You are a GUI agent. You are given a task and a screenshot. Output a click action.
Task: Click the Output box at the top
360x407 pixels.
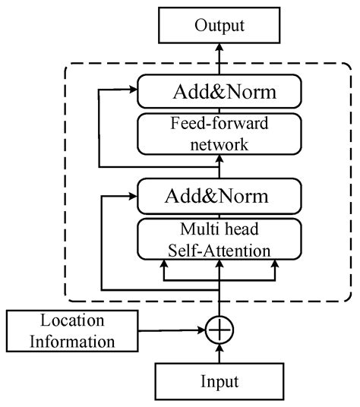point(219,26)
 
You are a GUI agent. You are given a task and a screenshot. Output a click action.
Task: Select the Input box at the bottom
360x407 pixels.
point(219,381)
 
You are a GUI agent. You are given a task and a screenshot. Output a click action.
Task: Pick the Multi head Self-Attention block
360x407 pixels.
point(219,238)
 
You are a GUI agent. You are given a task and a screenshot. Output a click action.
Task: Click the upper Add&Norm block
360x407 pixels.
point(219,93)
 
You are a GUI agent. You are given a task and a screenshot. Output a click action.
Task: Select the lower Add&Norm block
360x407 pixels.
point(219,197)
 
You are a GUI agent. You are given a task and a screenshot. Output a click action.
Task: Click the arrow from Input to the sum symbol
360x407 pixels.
point(219,355)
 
